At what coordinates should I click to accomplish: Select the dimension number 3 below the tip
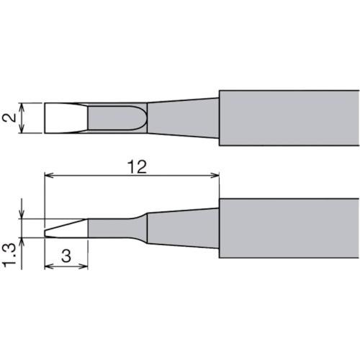[66, 256]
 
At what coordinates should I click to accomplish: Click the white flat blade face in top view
[65, 118]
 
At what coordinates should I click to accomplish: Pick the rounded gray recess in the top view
[115, 118]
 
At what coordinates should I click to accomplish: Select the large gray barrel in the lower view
[288, 225]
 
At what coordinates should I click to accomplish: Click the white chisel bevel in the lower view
[67, 229]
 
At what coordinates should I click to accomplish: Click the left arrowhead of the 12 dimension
[48, 175]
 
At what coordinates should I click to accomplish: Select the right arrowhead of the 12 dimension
[215, 175]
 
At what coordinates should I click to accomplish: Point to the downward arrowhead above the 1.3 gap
[25, 215]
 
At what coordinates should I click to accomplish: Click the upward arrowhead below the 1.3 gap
[25, 240]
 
